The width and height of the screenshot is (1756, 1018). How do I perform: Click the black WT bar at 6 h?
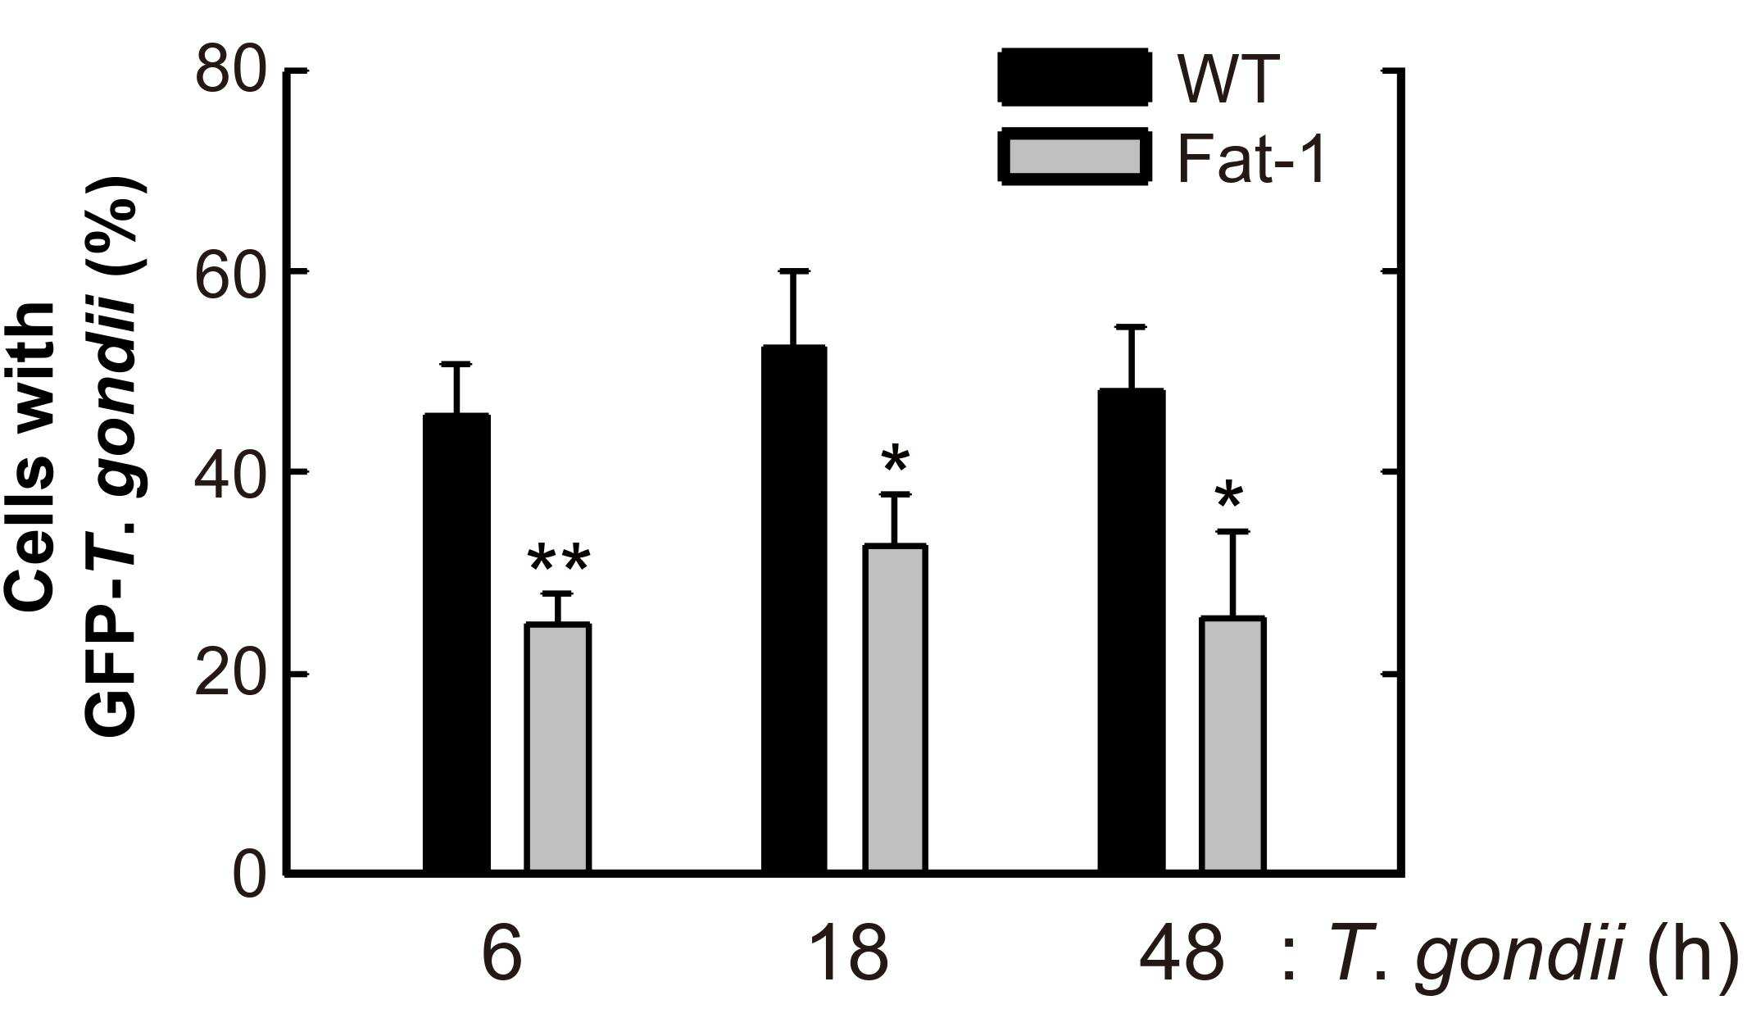pos(456,643)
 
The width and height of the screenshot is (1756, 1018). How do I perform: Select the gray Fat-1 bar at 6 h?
pos(557,747)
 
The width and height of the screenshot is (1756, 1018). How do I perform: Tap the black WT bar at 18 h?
pos(794,608)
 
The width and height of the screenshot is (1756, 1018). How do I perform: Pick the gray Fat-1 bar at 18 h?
pos(895,707)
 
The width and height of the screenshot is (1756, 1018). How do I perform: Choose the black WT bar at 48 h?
pos(1132,630)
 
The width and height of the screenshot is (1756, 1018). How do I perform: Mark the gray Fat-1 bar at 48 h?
pos(1232,743)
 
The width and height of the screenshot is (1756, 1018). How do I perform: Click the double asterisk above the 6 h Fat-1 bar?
pos(558,561)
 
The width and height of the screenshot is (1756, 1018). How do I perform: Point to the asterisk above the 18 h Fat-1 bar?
pos(896,461)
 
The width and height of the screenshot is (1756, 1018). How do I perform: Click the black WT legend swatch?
pos(1074,77)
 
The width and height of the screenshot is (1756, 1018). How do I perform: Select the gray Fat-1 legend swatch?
pos(1074,156)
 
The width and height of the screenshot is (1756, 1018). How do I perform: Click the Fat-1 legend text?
pos(1251,157)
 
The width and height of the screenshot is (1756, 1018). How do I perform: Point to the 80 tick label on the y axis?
pos(232,71)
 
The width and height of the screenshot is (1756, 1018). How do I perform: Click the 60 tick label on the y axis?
pos(232,271)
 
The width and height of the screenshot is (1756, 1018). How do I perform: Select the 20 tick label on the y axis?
pos(232,674)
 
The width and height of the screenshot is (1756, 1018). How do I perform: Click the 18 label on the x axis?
pos(846,953)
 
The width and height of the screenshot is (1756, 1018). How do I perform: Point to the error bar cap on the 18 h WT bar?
pos(794,270)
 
